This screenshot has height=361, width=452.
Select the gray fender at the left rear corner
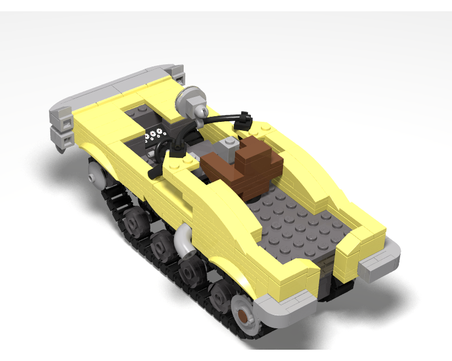pyautogui.click(x=285, y=309)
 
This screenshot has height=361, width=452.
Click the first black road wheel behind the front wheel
pyautogui.click(x=134, y=221)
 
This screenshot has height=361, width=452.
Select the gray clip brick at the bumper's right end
pyautogui.click(x=179, y=74)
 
